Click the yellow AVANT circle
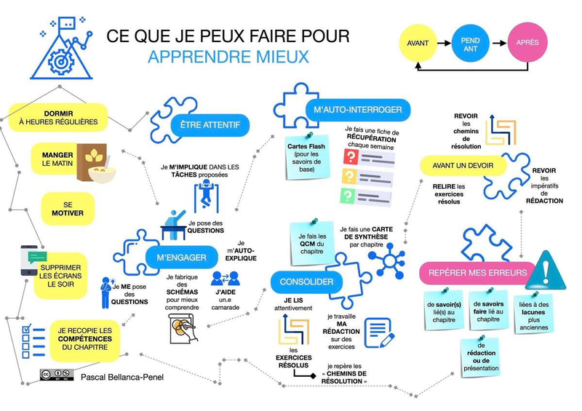coord(418,43)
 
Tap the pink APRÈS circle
coord(527,43)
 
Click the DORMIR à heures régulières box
coord(58,118)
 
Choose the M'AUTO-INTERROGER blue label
coord(358,111)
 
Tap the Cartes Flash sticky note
coord(310,156)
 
